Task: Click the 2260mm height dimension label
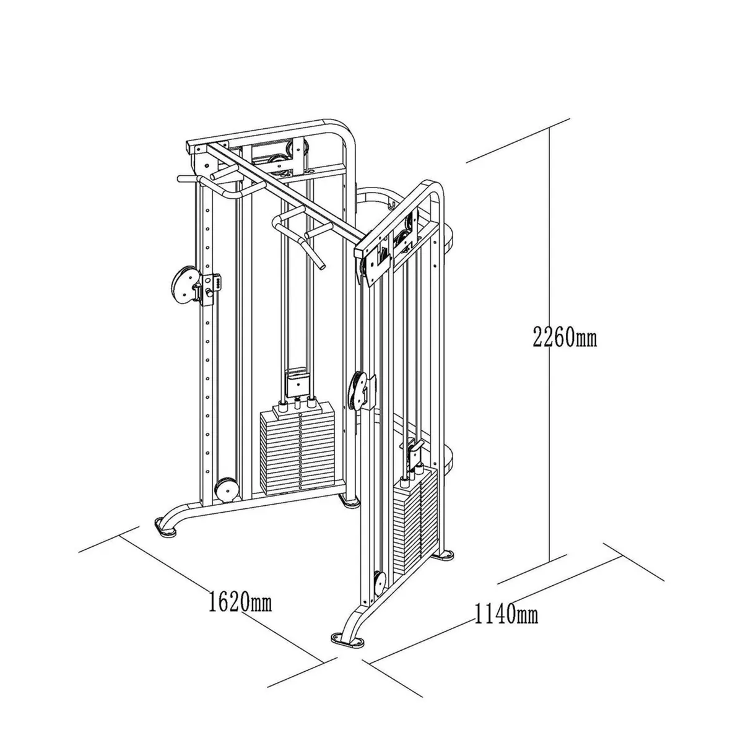(565, 337)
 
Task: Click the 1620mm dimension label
(240, 600)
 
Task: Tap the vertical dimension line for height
(549, 347)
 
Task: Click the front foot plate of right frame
(347, 640)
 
